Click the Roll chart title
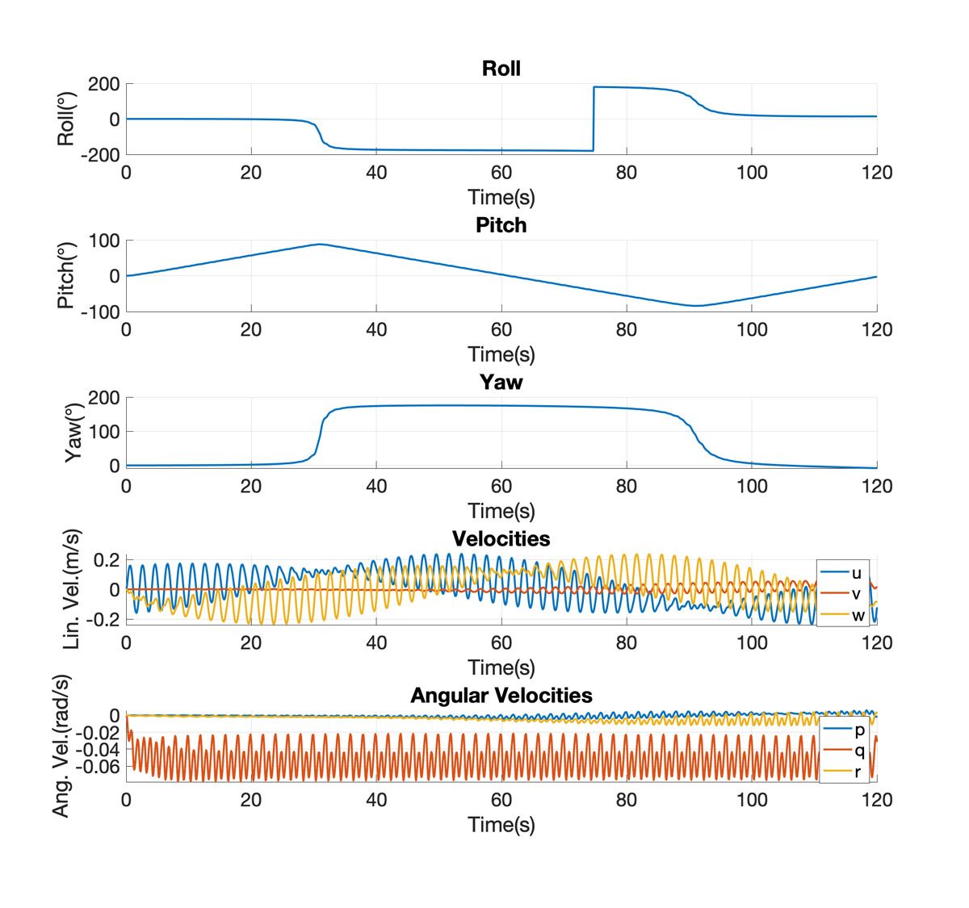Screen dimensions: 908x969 501,69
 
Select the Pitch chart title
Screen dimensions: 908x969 501,225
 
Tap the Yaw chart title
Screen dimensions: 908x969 501,382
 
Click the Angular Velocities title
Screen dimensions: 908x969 501,695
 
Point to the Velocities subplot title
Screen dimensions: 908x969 501,538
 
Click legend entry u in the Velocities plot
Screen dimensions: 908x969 856,573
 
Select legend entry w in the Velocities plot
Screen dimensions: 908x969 856,615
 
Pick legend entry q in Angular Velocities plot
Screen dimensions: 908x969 859,751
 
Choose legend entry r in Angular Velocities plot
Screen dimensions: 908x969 858,772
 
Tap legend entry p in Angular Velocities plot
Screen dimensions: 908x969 859,730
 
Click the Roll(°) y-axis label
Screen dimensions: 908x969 66,119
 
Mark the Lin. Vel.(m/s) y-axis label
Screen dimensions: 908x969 72,589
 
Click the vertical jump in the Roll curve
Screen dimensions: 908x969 594,119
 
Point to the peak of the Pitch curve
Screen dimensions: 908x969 321,244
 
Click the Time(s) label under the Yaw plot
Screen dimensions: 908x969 501,510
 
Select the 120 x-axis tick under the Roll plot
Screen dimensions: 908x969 876,173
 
